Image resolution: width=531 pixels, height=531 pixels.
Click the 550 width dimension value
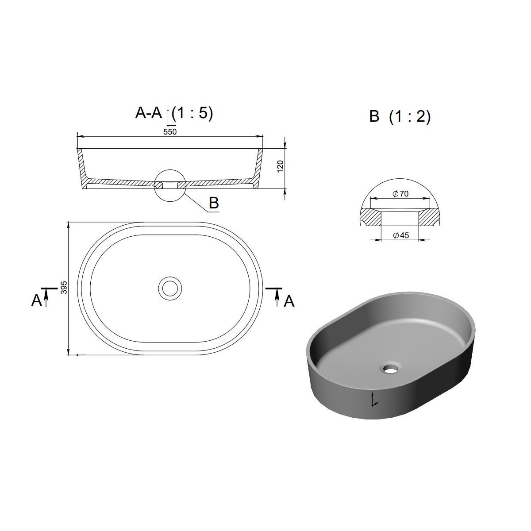coord(170,132)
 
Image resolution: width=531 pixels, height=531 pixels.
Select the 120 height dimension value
coord(280,166)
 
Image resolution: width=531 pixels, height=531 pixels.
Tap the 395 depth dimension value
coord(64,288)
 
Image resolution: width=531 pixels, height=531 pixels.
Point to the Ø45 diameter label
coord(401,235)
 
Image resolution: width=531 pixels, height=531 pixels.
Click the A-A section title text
coord(149,113)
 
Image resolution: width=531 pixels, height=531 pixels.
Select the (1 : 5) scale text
coord(192,113)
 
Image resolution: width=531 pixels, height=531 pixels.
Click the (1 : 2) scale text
coord(410,117)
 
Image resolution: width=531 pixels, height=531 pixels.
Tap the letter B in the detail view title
coord(374,116)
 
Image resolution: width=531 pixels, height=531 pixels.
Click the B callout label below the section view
coord(214,203)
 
